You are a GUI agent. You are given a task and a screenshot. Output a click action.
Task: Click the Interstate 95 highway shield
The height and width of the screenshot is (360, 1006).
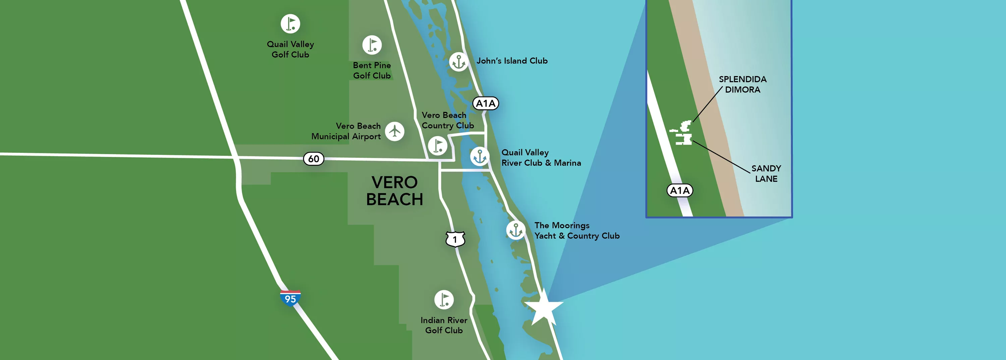pos(290,298)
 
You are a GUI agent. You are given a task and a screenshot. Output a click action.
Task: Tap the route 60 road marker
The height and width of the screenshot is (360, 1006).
pos(314,159)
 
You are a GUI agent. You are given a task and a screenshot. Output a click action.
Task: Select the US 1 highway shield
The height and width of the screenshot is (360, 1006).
pos(455,239)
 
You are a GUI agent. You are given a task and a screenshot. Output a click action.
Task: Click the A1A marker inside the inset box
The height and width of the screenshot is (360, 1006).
pos(679,190)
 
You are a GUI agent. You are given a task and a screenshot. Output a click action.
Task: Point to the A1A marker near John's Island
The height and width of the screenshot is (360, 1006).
pos(486,104)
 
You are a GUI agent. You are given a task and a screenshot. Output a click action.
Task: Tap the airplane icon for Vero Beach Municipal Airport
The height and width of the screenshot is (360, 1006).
pos(394,131)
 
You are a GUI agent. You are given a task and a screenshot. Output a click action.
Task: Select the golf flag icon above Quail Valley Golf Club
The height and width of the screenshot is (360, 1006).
pos(290,24)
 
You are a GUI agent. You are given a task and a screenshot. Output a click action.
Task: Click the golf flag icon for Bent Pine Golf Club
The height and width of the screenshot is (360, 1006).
pos(372,45)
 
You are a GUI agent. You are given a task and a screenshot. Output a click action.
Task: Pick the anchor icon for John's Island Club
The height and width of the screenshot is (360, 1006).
pos(458,62)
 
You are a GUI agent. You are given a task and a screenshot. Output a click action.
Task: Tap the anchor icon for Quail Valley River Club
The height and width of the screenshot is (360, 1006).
pos(480,157)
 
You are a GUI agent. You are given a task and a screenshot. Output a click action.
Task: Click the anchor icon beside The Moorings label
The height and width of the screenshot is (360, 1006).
pos(515,230)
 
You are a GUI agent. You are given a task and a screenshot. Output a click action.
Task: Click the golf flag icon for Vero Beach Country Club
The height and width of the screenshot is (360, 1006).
pos(437,145)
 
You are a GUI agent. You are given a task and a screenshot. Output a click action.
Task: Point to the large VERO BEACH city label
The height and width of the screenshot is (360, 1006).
pos(394,190)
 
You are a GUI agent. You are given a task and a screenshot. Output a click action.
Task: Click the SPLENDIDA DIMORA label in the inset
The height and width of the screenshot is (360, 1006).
pos(742,84)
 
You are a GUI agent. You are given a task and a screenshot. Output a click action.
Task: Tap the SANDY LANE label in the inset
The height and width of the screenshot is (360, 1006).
pos(766,173)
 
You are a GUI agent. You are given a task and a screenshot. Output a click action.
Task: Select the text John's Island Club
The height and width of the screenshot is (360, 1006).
pos(512,61)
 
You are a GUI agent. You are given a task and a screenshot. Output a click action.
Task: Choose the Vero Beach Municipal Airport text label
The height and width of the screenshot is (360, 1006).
pos(346,131)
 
